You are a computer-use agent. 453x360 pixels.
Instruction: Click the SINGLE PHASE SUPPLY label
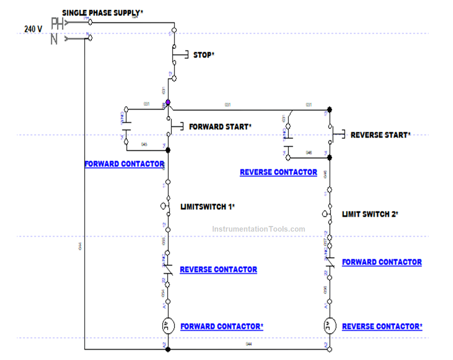[x=102, y=13]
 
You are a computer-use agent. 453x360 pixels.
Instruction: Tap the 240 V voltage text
[x=33, y=29]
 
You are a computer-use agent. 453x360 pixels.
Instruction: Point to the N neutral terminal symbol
[x=55, y=39]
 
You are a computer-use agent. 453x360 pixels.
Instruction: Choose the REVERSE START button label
[x=380, y=135]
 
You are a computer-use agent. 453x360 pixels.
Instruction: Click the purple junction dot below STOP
[x=168, y=102]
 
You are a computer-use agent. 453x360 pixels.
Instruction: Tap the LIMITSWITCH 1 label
[x=207, y=206]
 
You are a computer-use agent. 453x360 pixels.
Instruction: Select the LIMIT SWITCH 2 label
[x=370, y=214]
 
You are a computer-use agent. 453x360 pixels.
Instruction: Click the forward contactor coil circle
[x=168, y=325]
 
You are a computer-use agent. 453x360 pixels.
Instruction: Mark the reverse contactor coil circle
[x=330, y=325]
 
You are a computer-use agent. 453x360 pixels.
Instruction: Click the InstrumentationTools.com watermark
[x=258, y=229]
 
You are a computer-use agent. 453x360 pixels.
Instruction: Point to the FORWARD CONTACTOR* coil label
[x=222, y=327]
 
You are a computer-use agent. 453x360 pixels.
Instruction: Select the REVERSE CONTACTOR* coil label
[x=382, y=327]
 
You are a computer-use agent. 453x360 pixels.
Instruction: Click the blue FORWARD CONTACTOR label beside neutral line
[x=124, y=164]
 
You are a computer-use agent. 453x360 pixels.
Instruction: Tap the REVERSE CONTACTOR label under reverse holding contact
[x=278, y=172]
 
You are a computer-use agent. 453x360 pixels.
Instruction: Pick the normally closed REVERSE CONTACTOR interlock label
[x=218, y=270]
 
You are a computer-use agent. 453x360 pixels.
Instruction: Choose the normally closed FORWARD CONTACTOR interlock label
[x=381, y=262]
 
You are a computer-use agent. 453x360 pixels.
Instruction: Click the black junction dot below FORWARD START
[x=168, y=150]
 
